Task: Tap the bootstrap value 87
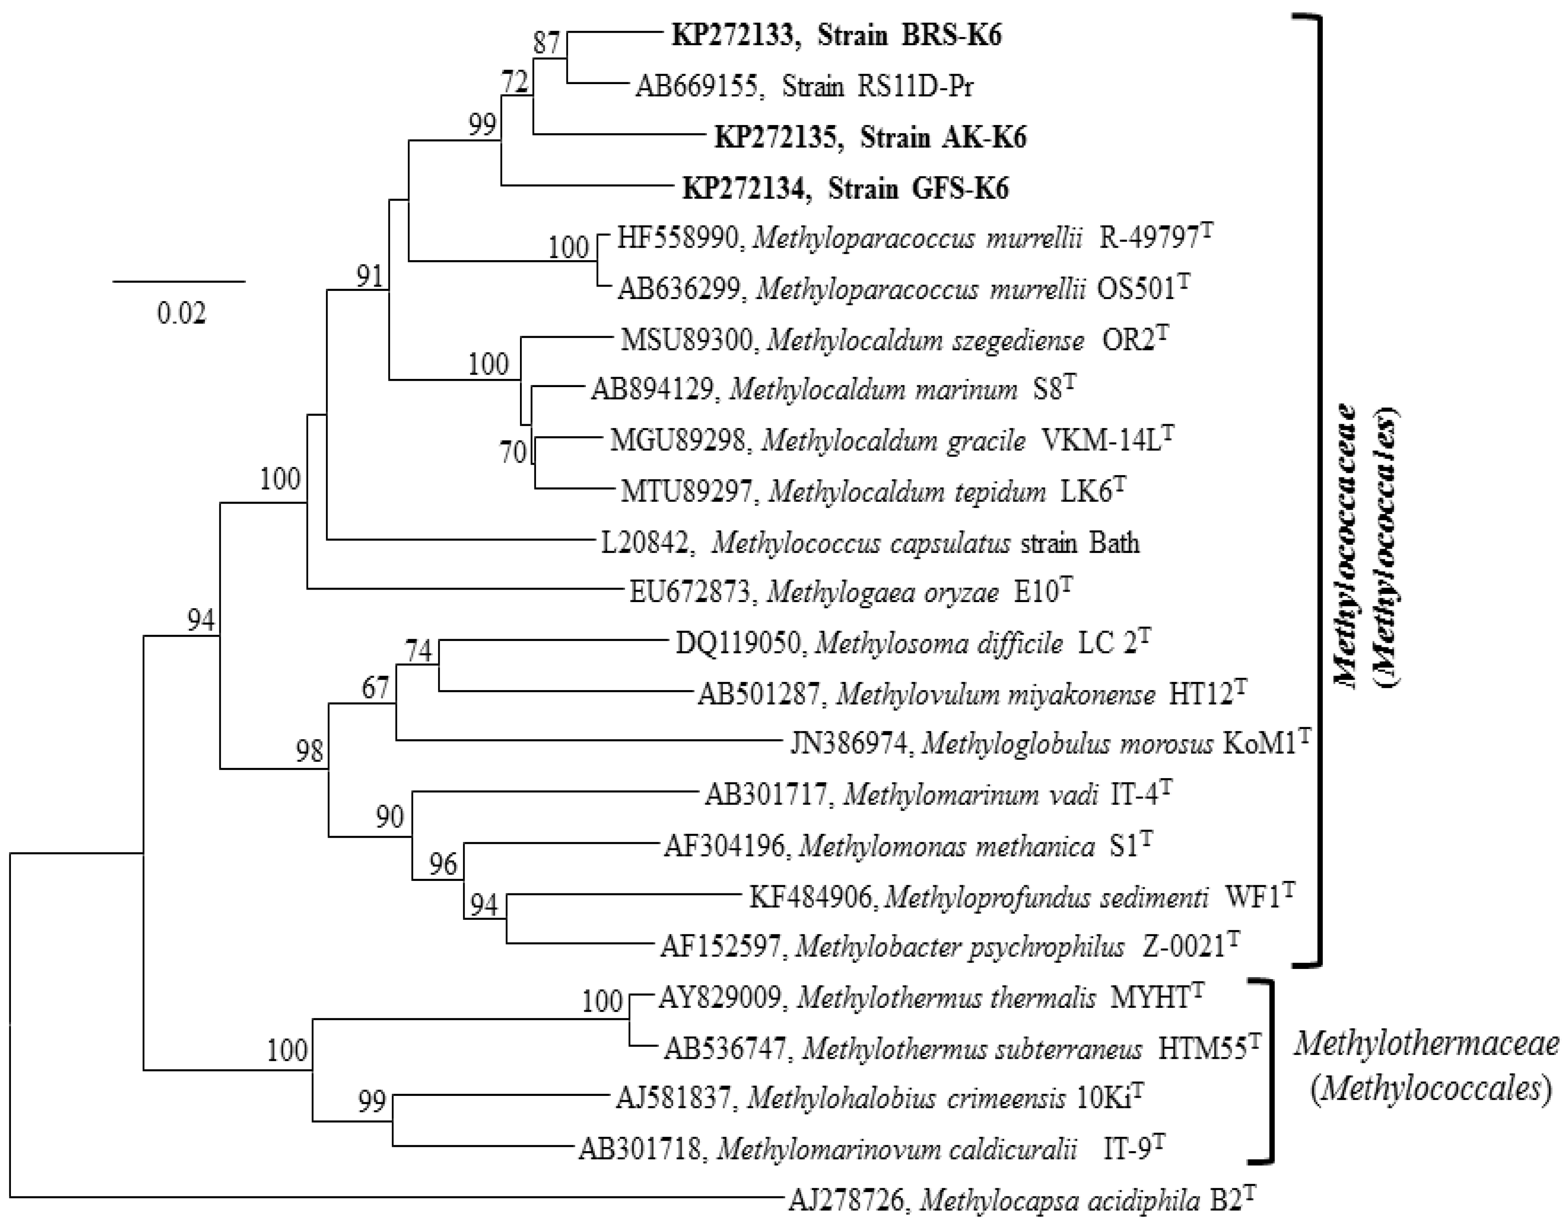547,44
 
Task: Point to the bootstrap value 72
515,83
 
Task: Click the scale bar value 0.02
181,313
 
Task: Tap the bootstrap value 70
513,453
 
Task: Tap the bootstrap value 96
443,864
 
